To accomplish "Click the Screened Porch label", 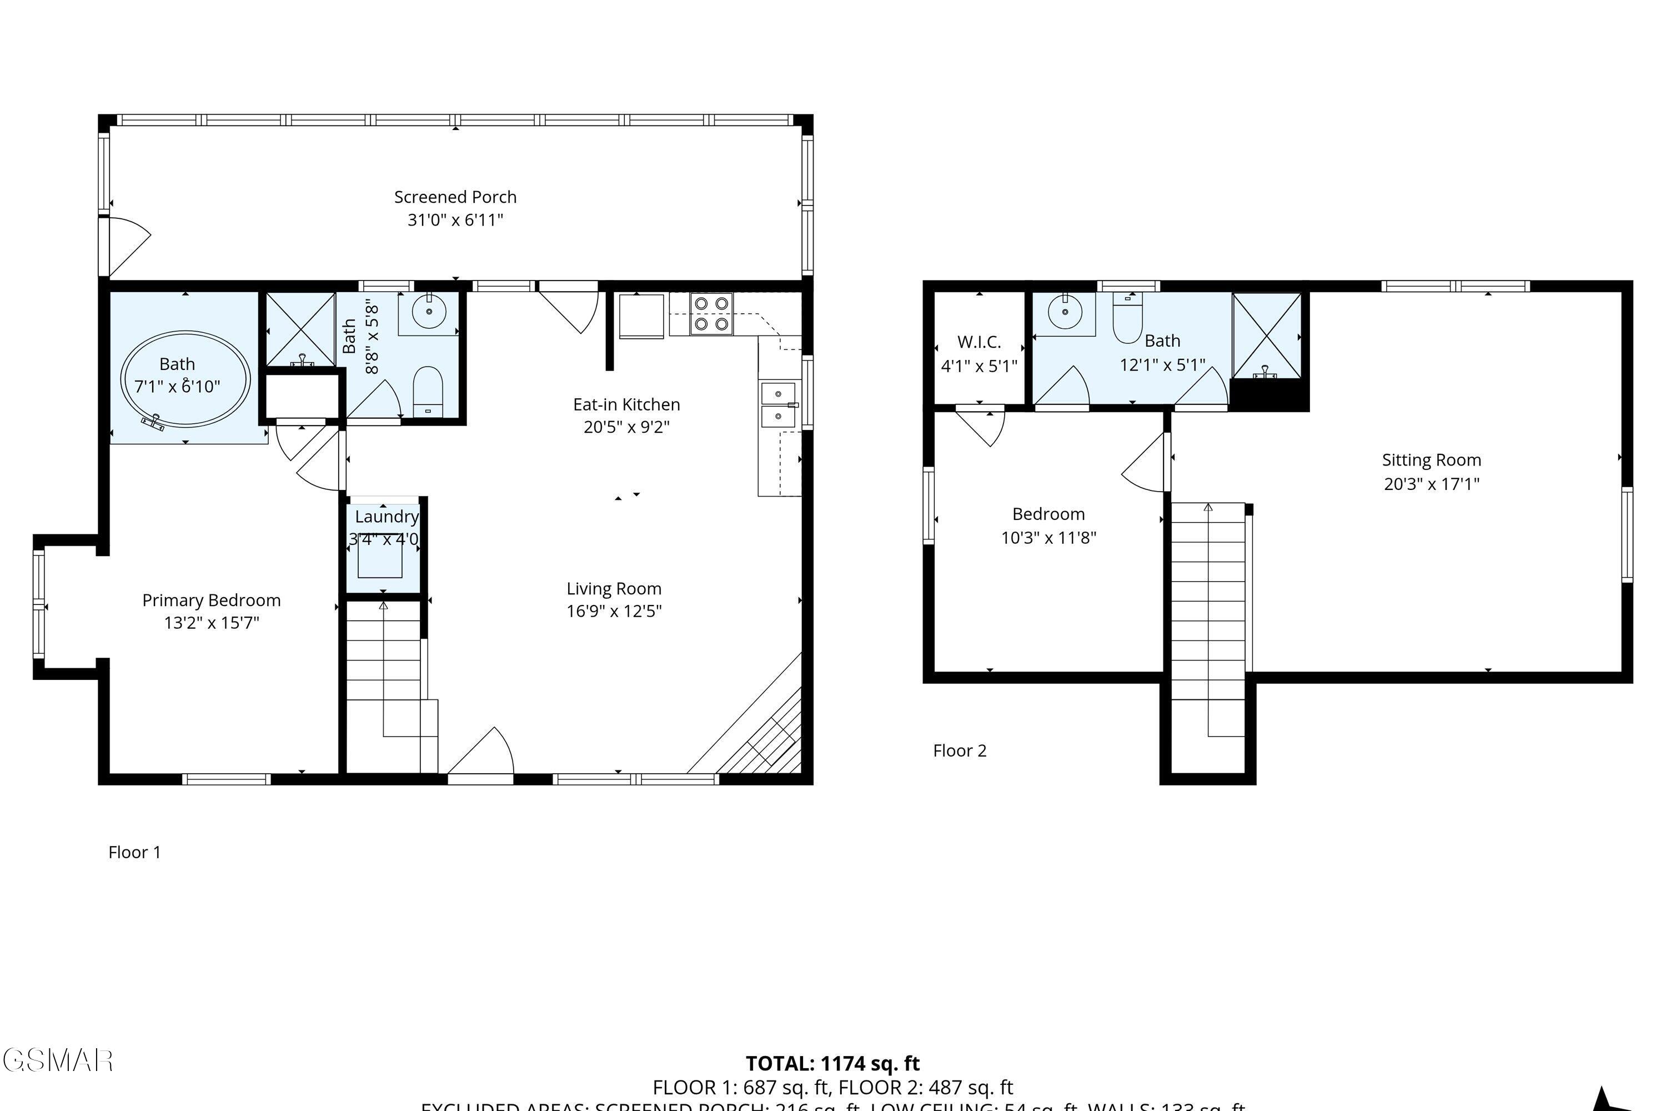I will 455,197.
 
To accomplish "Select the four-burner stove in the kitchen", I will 711,314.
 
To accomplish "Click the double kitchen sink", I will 778,406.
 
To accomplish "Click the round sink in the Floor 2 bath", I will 1065,312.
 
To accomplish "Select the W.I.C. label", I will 979,342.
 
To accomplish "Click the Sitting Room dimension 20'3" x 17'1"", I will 1432,484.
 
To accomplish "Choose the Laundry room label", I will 387,517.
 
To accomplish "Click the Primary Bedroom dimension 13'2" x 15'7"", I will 211,623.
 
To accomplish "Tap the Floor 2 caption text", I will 959,750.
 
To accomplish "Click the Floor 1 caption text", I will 134,852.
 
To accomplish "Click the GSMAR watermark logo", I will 58,1060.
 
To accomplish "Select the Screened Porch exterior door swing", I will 128,244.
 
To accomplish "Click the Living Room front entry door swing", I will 481,754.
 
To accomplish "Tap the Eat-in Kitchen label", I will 626,404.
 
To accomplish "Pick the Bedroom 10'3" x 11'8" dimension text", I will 1048,538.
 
